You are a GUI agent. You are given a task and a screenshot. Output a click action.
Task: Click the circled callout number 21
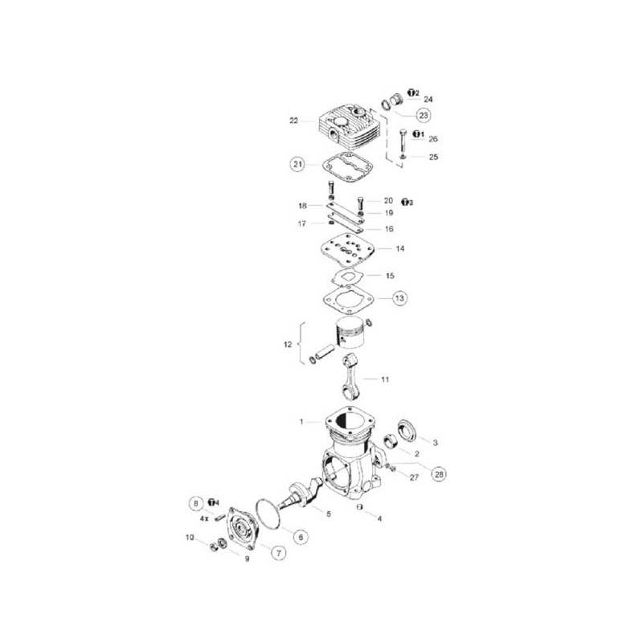[297, 165]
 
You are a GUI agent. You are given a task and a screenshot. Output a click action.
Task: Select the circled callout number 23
[424, 115]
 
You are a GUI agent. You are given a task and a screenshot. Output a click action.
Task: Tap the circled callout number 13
[399, 298]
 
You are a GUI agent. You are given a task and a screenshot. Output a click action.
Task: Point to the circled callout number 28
[439, 474]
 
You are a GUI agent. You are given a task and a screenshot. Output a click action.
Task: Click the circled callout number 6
[301, 537]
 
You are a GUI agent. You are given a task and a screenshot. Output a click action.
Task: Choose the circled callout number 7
[279, 553]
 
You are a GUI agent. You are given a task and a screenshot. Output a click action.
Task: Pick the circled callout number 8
[197, 503]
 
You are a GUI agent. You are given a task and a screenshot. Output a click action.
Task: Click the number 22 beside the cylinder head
[293, 121]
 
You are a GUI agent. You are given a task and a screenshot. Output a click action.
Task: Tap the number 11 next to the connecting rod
[385, 379]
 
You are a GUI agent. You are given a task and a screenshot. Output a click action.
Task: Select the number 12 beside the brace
[288, 345]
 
